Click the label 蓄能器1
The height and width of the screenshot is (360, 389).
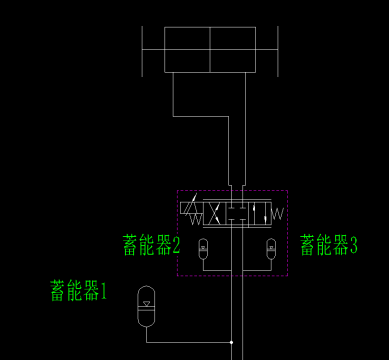[x=83, y=291]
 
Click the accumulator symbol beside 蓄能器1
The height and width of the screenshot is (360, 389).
[x=146, y=305]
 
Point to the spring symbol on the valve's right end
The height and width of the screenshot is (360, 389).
[x=277, y=212]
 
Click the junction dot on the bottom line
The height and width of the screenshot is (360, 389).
[x=231, y=342]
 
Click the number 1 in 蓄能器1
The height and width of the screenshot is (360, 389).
[x=112, y=292]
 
